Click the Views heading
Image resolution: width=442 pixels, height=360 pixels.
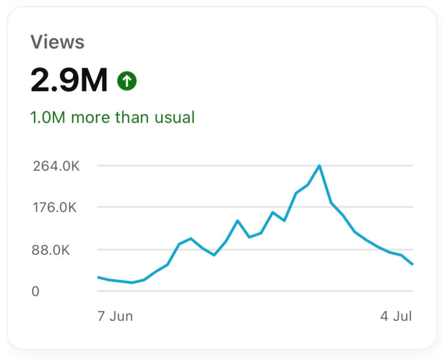57,42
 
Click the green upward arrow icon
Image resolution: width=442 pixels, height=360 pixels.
127,81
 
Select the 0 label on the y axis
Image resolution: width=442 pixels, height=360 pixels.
36,292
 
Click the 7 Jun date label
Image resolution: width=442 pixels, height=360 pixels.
115,316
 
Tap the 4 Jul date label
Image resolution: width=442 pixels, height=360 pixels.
396,316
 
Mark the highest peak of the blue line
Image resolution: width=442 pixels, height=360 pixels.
319,166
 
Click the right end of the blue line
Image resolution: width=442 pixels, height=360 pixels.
413,264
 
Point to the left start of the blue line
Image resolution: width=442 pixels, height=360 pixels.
98,277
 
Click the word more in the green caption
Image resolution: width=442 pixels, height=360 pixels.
90,118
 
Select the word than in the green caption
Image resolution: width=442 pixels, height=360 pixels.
131,118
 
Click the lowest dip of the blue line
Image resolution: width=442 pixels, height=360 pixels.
132,283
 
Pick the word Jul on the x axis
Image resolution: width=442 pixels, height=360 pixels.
402,316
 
